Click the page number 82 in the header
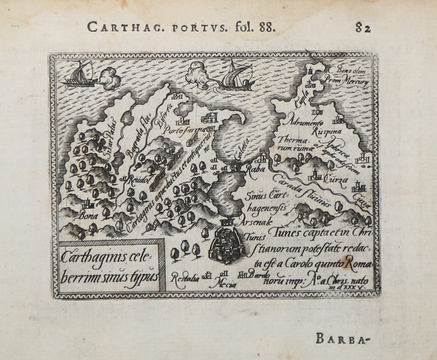pyautogui.click(x=363, y=28)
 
